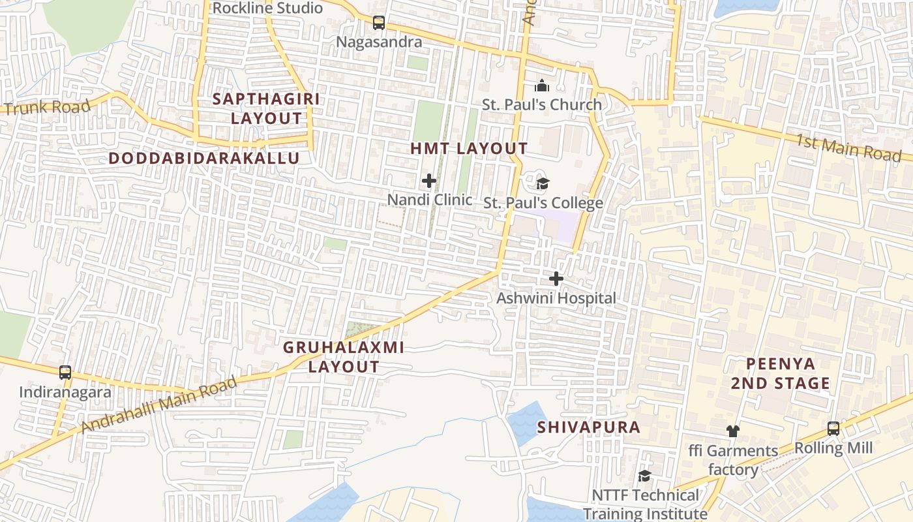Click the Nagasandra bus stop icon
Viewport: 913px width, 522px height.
point(379,23)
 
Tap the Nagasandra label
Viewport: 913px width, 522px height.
point(379,42)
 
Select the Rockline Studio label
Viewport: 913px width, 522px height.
point(267,8)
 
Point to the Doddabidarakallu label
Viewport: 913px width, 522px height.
point(204,158)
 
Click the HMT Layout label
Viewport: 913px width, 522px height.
point(469,148)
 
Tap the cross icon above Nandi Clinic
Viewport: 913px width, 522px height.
point(429,181)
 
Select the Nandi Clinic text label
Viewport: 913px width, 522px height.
point(430,200)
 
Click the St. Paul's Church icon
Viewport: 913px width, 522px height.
point(542,85)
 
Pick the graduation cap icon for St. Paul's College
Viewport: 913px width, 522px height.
point(542,183)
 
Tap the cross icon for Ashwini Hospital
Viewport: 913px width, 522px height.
point(556,279)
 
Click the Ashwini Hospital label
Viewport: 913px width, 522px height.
point(556,298)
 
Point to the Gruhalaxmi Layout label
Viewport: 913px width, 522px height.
point(344,357)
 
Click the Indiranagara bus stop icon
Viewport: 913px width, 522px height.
point(65,373)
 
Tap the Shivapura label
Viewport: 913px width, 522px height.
point(589,427)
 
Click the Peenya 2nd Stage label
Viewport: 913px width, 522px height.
point(780,373)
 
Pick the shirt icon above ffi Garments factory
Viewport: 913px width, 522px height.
point(733,431)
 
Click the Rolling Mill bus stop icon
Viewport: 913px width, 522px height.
point(833,429)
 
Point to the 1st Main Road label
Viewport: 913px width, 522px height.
point(848,147)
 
